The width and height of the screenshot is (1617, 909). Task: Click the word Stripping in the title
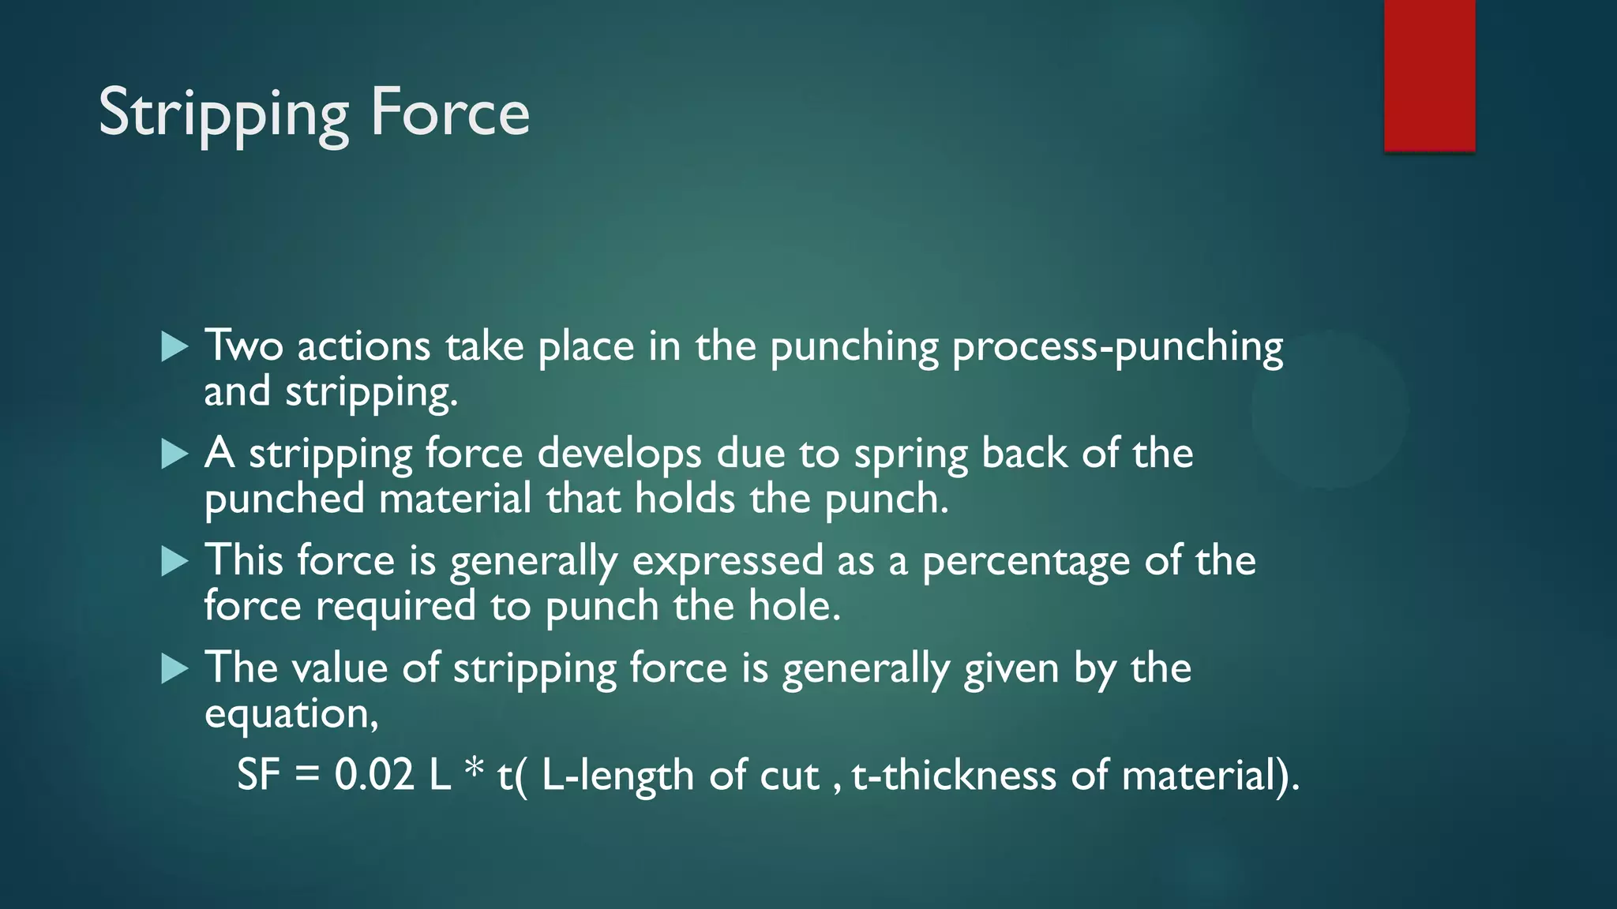click(223, 114)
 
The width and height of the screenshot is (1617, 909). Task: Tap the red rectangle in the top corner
click(1429, 75)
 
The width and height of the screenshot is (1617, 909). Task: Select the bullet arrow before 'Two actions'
click(174, 346)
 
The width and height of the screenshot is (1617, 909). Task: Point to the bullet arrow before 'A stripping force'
click(174, 454)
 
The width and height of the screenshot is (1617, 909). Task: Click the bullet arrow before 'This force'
click(174, 561)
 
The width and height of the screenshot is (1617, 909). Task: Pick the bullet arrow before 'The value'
click(174, 668)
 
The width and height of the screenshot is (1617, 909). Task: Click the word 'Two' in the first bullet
click(244, 346)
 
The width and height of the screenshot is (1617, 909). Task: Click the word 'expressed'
click(728, 563)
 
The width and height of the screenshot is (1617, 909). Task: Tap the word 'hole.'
click(794, 606)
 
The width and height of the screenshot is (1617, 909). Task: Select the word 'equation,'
click(291, 715)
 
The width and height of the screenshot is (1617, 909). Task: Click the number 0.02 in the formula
click(374, 775)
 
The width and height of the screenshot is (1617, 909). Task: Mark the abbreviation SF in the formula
click(259, 775)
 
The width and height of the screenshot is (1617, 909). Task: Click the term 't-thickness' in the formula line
click(954, 775)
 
